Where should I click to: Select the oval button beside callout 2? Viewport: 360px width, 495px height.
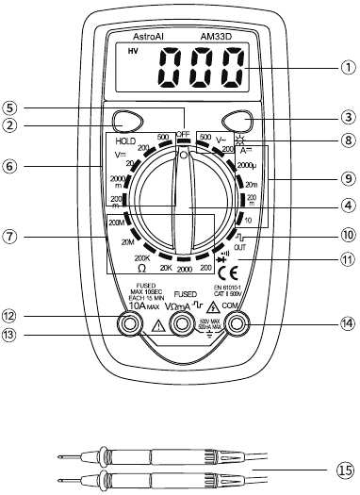pyautogui.click(x=125, y=121)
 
